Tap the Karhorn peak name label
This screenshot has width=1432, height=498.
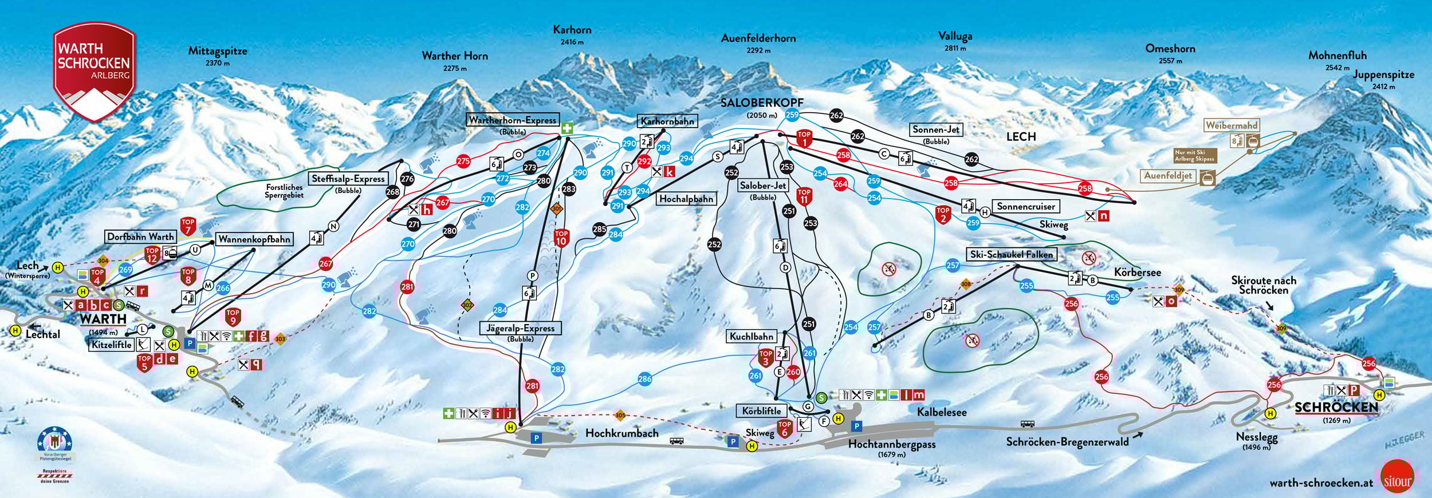(x=572, y=30)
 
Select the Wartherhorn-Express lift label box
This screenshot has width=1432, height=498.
(x=512, y=120)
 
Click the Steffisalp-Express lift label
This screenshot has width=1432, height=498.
(x=348, y=179)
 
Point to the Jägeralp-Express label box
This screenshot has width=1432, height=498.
(x=520, y=329)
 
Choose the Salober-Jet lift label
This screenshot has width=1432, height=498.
(x=762, y=185)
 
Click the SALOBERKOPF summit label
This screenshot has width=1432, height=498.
(x=761, y=103)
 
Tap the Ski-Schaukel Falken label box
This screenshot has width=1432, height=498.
(x=1011, y=255)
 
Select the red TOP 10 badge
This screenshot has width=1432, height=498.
(x=561, y=238)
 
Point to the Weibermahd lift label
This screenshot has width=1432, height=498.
(x=1231, y=125)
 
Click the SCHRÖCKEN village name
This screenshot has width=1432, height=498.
(x=1336, y=408)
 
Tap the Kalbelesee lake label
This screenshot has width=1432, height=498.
(x=941, y=412)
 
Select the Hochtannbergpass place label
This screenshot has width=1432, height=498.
(x=891, y=444)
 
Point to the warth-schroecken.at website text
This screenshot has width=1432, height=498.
(x=1321, y=483)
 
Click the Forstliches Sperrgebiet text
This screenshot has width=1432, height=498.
(x=284, y=191)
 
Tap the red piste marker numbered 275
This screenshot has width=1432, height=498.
(x=463, y=161)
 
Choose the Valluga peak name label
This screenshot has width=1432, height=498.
(x=955, y=36)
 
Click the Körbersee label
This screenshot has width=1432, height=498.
(x=1137, y=272)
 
